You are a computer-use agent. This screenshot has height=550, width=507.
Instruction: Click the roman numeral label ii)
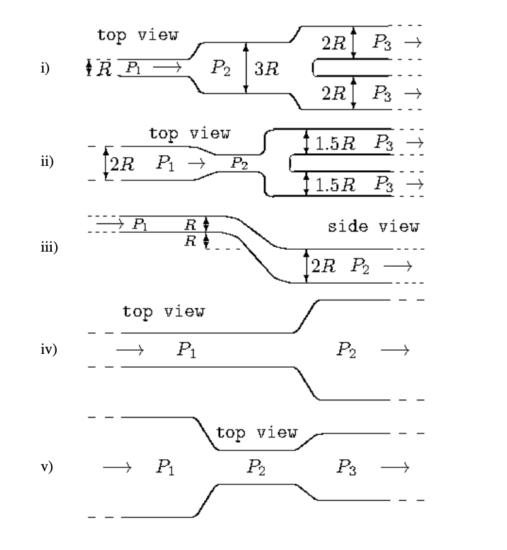(x=45, y=161)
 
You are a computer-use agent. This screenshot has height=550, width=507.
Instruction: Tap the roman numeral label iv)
(x=47, y=349)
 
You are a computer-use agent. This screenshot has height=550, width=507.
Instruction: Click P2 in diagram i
(x=221, y=67)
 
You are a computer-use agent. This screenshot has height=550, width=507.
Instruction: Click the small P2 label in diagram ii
(x=238, y=163)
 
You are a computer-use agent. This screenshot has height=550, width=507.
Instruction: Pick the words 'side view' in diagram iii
(x=373, y=226)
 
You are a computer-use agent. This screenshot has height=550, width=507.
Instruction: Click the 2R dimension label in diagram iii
(x=324, y=266)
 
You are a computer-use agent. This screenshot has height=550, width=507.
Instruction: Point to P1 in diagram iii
(x=140, y=223)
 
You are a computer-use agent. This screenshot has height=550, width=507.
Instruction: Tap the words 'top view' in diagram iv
(x=163, y=311)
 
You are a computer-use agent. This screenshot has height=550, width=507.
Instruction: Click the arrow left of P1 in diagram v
(x=117, y=467)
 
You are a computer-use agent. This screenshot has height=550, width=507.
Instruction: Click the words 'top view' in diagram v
(x=256, y=433)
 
